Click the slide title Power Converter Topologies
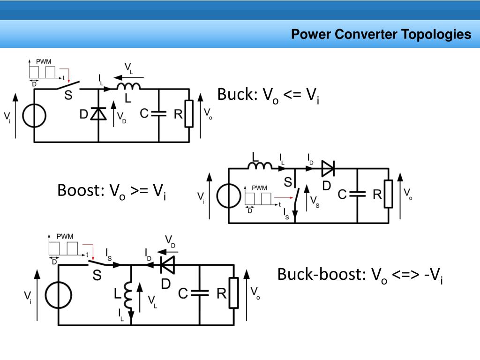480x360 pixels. click(381, 34)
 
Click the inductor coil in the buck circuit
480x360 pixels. click(128, 86)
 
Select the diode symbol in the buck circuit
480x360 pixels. click(98, 113)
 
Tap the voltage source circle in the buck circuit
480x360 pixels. click(34, 116)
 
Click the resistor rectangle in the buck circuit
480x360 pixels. click(189, 113)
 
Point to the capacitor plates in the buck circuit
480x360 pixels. click(159, 113)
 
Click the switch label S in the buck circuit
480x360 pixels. click(68, 95)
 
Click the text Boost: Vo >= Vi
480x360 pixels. click(112, 191)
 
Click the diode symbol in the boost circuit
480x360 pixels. click(328, 168)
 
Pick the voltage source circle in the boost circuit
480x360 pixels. click(229, 196)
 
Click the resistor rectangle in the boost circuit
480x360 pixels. click(389, 194)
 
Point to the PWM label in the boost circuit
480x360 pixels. click(259, 187)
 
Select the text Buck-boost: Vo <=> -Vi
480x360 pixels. click(360, 275)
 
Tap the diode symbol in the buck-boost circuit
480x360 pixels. click(168, 265)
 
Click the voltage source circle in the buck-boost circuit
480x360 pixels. click(59, 295)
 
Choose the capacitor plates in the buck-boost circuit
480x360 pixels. click(200, 293)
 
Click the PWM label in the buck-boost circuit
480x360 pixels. click(65, 236)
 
